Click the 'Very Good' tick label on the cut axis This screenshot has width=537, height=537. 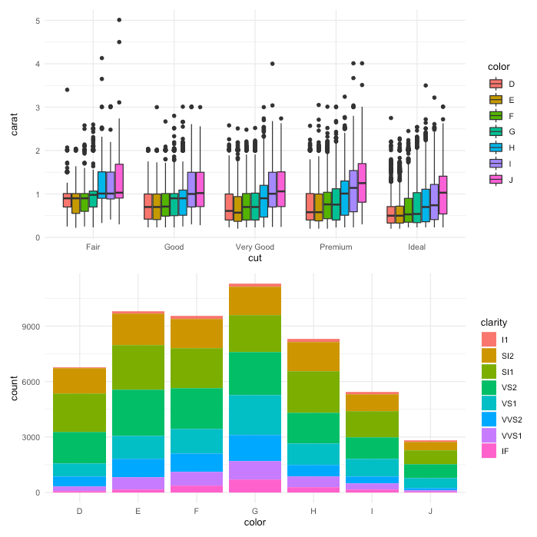[255, 247]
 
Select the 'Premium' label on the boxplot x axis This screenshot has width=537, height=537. [336, 247]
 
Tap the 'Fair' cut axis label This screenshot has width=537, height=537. [94, 247]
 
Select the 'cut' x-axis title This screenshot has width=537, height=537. [255, 259]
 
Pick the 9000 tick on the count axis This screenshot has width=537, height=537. [33, 327]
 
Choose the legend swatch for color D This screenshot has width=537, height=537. [496, 84]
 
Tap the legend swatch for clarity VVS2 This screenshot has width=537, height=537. [489, 419]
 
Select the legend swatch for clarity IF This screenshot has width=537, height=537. [489, 451]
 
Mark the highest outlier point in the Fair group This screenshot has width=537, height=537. [118, 20]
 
